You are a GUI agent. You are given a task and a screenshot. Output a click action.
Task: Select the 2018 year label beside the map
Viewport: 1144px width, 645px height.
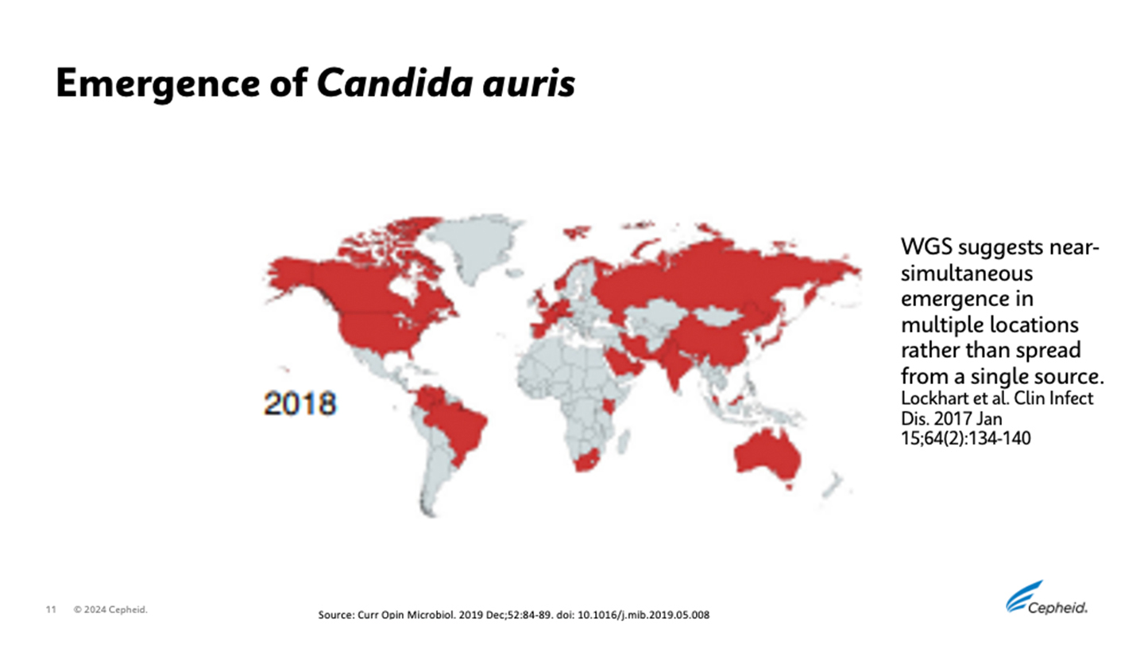pos(300,403)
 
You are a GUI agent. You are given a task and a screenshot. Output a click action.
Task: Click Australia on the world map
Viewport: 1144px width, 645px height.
pos(767,457)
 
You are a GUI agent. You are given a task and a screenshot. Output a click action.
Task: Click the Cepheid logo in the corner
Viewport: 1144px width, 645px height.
pos(1046,598)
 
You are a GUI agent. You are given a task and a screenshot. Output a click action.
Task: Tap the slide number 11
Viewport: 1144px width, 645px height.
pos(51,610)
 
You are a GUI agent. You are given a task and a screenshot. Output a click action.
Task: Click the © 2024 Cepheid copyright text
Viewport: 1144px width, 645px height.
pos(111,610)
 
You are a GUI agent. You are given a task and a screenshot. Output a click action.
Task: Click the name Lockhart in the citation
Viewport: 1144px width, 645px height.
pos(929,398)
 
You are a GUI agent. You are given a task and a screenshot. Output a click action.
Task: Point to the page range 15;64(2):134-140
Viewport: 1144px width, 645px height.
pos(965,437)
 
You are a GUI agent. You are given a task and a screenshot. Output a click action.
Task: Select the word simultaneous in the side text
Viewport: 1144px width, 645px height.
pos(966,273)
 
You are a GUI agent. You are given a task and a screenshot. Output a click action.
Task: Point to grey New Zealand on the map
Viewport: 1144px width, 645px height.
pos(833,481)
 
